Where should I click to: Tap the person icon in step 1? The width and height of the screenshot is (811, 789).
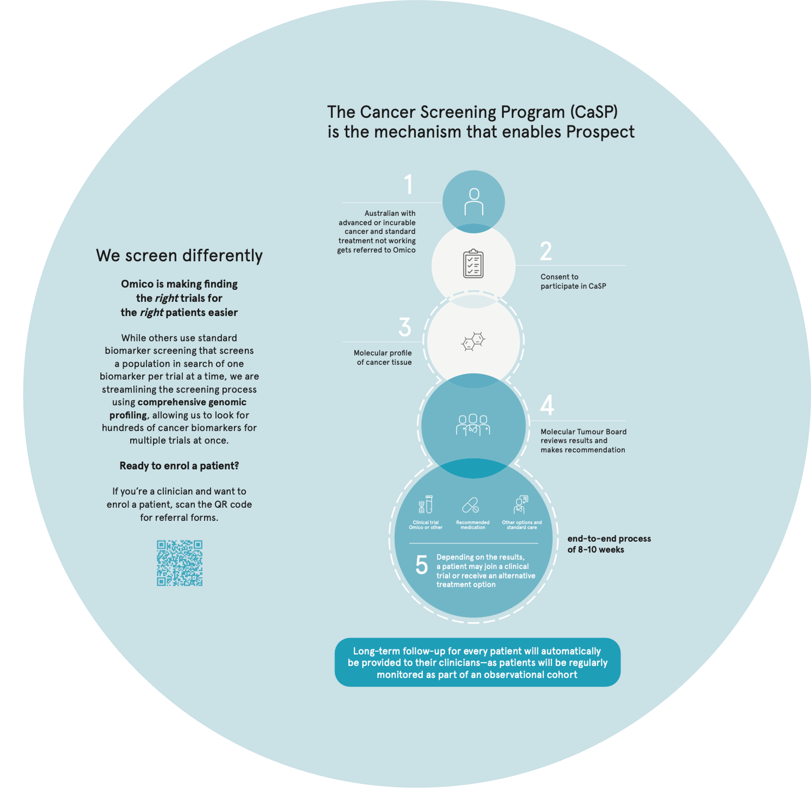pos(474,202)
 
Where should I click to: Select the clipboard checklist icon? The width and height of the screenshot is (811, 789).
pos(473,264)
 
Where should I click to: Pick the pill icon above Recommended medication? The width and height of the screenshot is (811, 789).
pos(471,505)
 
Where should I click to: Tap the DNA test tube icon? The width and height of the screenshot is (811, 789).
pos(426,504)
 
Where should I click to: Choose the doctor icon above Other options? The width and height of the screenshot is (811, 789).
pos(520,504)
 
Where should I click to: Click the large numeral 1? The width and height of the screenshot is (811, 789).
pos(409,184)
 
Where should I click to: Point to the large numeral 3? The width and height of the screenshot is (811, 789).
pos(404,327)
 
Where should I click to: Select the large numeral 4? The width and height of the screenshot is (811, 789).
pos(547,405)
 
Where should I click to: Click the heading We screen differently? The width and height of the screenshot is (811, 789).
pos(179,256)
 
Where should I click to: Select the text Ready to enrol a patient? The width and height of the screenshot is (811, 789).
pos(179,466)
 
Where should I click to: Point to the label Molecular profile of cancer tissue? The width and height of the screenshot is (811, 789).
pos(383,358)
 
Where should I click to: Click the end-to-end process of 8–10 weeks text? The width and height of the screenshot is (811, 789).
pos(608,544)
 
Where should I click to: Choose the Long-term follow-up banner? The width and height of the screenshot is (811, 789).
pos(477,663)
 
